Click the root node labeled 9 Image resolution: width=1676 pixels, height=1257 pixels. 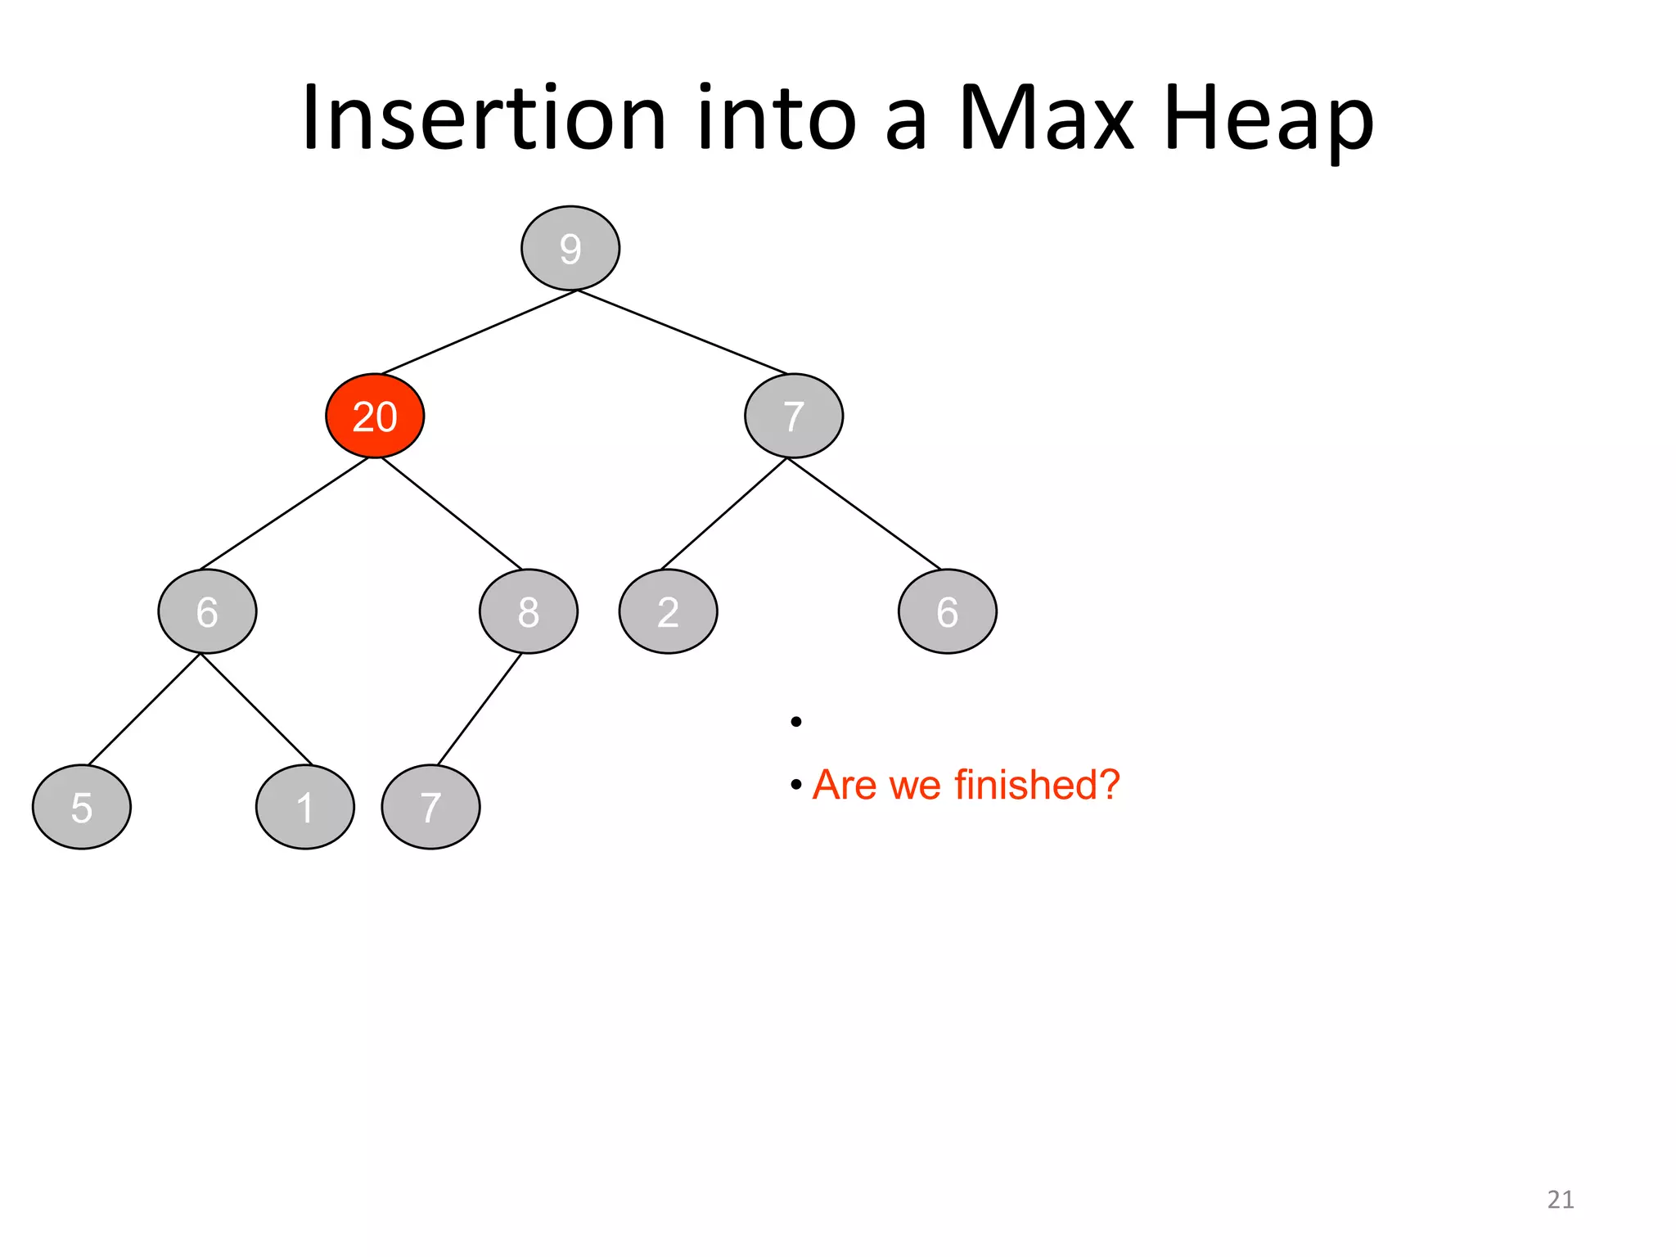570,248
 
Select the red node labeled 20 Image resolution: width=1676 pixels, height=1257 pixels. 375,416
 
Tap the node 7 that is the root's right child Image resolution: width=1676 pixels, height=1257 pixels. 793,416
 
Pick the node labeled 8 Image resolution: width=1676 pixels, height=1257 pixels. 528,611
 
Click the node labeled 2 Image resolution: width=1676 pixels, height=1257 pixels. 668,611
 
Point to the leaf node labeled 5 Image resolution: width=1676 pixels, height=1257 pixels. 81,807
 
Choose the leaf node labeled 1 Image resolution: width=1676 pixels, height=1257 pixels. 304,807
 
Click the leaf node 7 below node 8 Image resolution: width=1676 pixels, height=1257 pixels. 430,807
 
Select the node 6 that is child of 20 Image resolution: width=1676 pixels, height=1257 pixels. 207,611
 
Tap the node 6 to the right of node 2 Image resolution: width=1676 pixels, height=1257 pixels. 947,611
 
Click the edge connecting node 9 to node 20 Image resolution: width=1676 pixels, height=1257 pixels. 479,332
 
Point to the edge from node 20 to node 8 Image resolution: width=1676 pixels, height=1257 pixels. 452,514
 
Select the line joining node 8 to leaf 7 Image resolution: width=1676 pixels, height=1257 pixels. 480,710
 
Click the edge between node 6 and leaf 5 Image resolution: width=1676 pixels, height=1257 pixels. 144,710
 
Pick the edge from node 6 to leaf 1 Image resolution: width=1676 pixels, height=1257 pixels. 256,710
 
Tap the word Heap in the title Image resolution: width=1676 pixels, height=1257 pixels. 1268,119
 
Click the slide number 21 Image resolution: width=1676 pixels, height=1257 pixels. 1560,1199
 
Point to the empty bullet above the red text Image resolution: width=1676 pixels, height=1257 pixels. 795,721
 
